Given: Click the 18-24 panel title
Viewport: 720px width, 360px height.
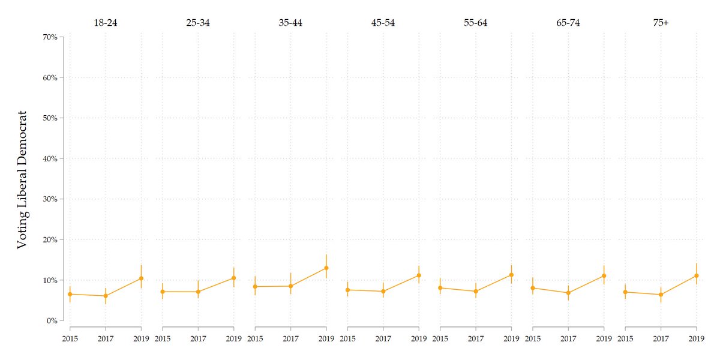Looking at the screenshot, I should click(x=106, y=23).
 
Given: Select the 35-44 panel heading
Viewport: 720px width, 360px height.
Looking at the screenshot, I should click(x=290, y=23).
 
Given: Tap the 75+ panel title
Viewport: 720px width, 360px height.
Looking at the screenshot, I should click(x=661, y=23).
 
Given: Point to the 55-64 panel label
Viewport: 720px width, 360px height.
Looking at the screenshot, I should click(x=476, y=23).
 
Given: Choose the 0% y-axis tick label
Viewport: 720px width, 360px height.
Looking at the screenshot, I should click(x=52, y=320).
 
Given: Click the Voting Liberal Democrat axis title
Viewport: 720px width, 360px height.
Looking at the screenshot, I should click(x=22, y=179).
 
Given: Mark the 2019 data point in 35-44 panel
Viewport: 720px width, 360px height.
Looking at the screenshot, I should click(x=326, y=268).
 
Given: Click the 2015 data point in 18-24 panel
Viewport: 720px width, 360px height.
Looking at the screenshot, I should click(x=70, y=294).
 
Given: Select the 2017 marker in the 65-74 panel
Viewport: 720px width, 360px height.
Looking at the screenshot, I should click(x=568, y=293).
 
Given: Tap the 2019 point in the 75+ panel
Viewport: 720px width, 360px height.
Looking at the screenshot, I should click(x=697, y=275).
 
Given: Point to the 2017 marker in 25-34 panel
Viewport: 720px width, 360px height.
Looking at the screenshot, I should click(x=198, y=292).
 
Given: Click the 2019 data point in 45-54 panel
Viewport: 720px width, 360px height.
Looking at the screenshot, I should click(x=419, y=275).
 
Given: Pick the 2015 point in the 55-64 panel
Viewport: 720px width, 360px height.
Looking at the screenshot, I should click(x=440, y=288).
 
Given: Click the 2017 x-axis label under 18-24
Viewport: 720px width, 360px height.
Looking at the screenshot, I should click(x=106, y=338).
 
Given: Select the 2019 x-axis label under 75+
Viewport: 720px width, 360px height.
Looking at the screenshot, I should click(x=697, y=338).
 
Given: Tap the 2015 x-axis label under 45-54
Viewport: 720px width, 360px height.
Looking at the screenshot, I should click(x=348, y=338).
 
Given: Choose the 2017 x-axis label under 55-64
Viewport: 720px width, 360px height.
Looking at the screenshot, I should click(x=476, y=338).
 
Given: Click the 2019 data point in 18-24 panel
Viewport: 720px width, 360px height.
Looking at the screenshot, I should click(x=141, y=278).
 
